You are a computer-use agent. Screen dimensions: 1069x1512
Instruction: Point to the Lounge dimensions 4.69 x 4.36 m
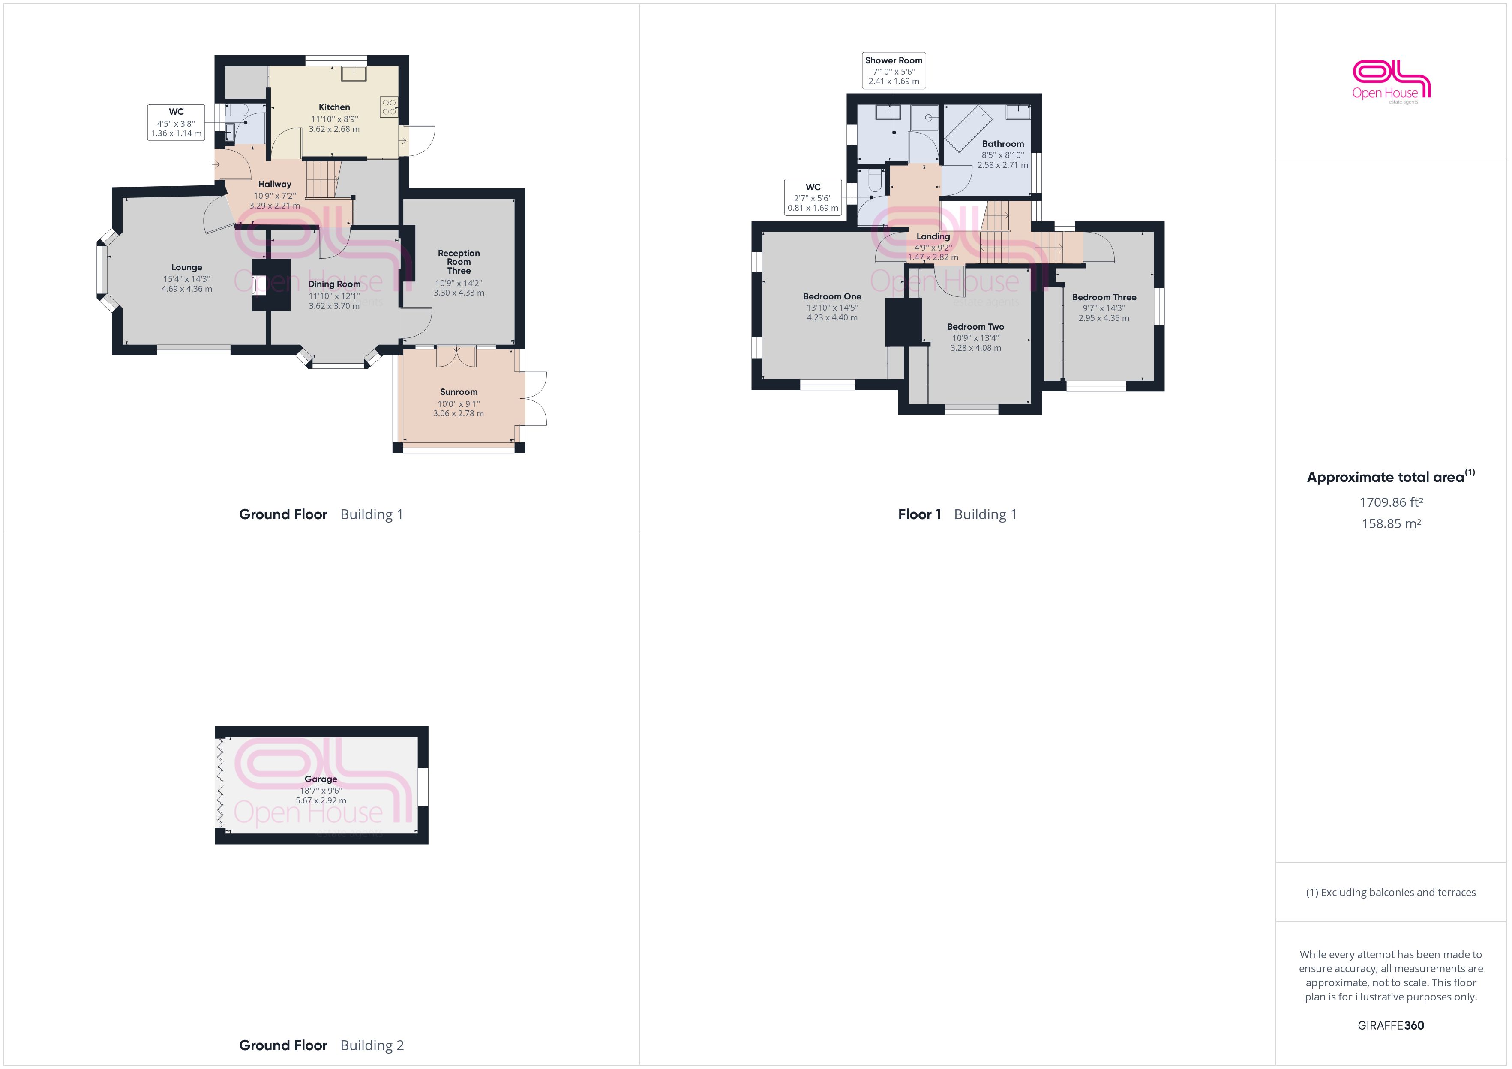(186, 289)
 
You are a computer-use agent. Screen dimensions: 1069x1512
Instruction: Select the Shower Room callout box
(894, 70)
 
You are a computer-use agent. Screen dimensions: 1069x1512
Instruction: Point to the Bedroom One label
(832, 296)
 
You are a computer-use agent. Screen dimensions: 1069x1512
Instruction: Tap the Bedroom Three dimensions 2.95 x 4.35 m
(1103, 318)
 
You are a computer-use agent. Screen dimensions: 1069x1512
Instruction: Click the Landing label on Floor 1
(933, 236)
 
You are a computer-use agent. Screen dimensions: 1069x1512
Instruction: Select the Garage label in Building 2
(321, 779)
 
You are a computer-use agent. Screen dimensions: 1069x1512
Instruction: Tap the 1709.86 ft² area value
(1391, 502)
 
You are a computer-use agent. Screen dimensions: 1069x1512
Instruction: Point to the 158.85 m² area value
(1391, 524)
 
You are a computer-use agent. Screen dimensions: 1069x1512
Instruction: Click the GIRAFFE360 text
(1391, 1026)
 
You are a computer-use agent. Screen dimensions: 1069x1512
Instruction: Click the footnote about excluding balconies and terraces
(1391, 893)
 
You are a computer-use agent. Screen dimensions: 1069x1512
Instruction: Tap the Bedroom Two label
(975, 326)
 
